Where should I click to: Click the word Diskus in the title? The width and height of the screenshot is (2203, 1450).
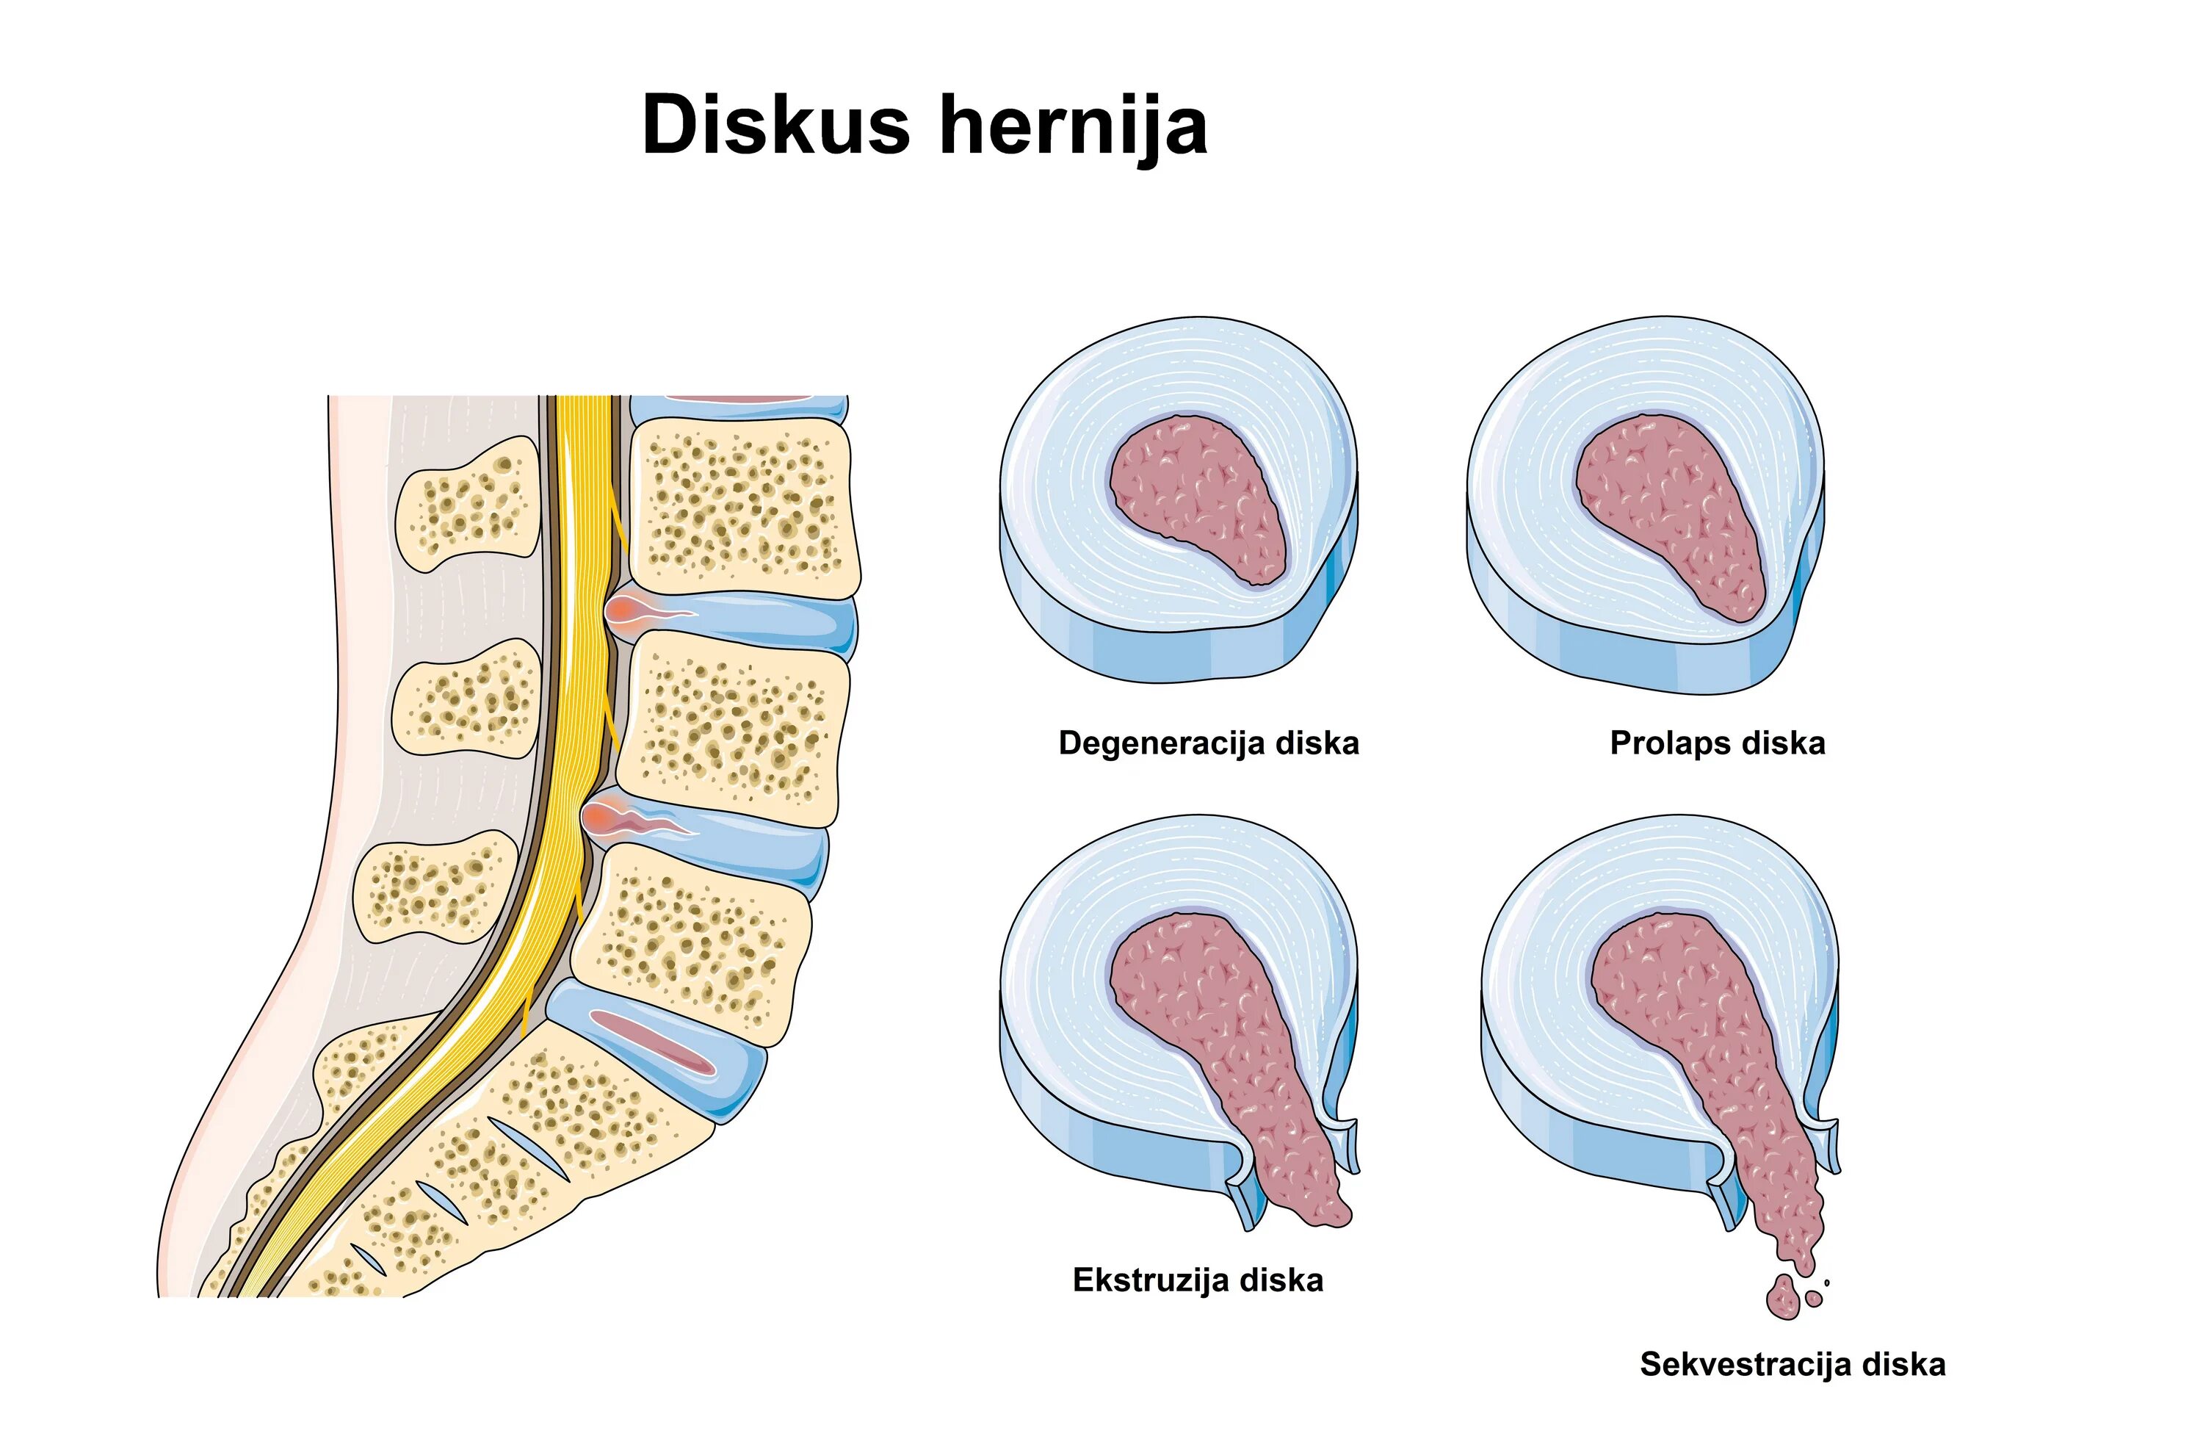click(775, 125)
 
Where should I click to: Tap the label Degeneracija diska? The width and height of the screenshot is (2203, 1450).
click(1208, 743)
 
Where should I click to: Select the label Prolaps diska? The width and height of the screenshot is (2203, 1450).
click(1717, 743)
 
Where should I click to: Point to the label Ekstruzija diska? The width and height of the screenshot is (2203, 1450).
click(1198, 1280)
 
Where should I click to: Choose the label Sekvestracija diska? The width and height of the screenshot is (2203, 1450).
click(1792, 1364)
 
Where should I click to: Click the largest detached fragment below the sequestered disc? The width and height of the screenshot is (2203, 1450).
click(1781, 1297)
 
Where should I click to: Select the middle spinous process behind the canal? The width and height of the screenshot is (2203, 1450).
click(468, 699)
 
